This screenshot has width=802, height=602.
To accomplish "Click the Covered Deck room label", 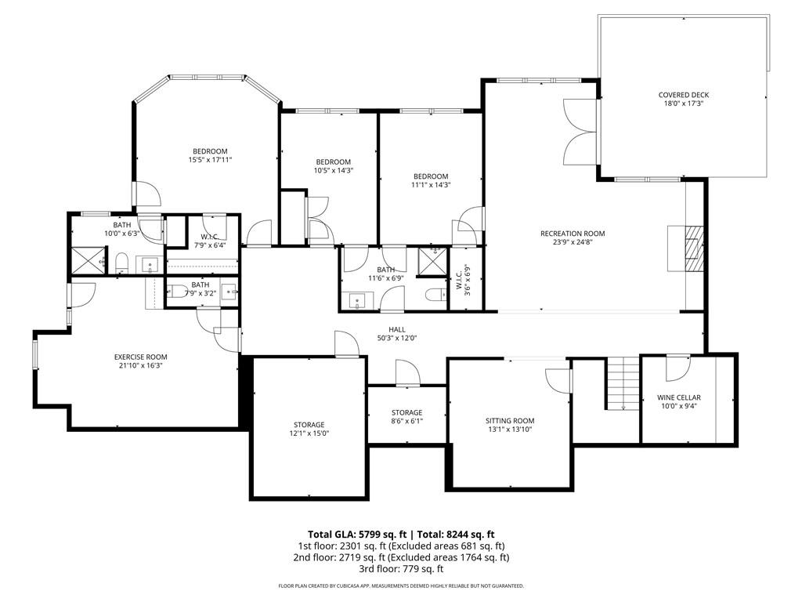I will pyautogui.click(x=683, y=95).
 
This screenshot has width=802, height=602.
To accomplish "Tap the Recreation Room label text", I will pyautogui.click(x=572, y=234).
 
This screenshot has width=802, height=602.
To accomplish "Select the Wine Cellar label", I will pyautogui.click(x=678, y=397).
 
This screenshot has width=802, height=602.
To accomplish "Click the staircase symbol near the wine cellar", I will pyautogui.click(x=623, y=383).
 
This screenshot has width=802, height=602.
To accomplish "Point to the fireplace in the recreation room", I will pyautogui.click(x=687, y=248).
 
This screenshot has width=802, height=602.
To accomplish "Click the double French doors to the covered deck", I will pyautogui.click(x=580, y=132).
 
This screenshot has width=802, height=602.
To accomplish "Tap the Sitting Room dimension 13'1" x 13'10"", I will pyautogui.click(x=509, y=430).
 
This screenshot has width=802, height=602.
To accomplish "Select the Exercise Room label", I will pyautogui.click(x=140, y=357).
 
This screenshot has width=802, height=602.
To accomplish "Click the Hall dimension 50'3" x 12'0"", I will pyautogui.click(x=397, y=339).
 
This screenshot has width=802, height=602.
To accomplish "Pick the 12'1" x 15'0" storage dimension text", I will pyautogui.click(x=309, y=433).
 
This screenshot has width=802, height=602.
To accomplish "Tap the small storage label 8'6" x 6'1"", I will pyautogui.click(x=406, y=421).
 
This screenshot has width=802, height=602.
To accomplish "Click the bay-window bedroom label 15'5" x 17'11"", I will pyautogui.click(x=210, y=160).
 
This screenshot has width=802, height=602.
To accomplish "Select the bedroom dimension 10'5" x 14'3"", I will pyautogui.click(x=328, y=170).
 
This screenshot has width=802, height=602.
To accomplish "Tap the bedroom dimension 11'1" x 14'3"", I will pyautogui.click(x=431, y=184).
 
